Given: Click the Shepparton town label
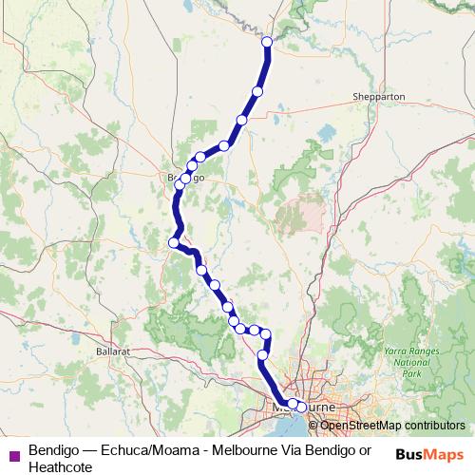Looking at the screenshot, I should point(377,97).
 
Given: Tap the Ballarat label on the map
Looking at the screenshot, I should point(111,351).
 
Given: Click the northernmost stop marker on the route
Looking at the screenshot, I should point(267,42).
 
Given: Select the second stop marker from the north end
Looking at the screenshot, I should point(256,91).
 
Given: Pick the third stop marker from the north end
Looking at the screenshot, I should point(241,120).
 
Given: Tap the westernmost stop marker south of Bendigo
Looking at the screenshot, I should point(174,242).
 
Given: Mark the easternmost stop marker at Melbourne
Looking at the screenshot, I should point(302,407).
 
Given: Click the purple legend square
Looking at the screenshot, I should point(12,450).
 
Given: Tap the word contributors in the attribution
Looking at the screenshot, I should point(432,425).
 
